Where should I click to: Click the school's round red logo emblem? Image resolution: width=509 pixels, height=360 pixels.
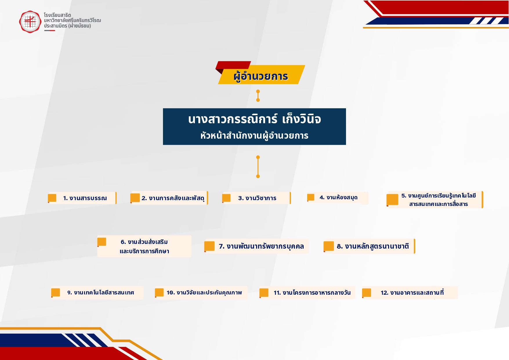click(30, 22)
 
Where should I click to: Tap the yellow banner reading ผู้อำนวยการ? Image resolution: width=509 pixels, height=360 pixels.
click(261, 75)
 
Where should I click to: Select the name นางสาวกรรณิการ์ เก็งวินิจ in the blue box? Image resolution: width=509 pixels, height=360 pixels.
click(254, 119)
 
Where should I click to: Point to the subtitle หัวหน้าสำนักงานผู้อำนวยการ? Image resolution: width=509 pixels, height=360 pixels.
click(254, 135)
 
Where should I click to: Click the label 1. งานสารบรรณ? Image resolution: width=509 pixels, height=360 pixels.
click(85, 198)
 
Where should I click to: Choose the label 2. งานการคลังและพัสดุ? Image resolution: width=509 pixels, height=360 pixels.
click(173, 198)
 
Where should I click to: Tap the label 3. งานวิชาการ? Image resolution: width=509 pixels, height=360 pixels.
click(257, 198)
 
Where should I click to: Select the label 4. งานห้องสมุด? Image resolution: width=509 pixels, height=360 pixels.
click(338, 198)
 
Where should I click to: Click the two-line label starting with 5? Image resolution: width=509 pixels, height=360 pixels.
click(439, 200)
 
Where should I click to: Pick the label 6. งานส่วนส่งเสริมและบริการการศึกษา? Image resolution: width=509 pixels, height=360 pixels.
click(144, 246)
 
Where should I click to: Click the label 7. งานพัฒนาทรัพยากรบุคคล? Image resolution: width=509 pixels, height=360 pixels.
click(261, 247)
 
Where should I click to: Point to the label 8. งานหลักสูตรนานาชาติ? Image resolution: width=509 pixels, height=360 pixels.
click(373, 246)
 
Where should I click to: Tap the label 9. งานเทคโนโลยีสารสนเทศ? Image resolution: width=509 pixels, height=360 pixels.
click(101, 292)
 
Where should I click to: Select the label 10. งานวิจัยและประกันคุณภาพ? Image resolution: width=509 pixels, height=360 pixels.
click(204, 292)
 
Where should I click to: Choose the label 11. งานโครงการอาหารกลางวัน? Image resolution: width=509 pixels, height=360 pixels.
click(312, 293)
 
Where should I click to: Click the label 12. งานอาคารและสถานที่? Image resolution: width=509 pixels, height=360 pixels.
click(412, 292)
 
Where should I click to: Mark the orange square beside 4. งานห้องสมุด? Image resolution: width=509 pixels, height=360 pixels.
click(311, 197)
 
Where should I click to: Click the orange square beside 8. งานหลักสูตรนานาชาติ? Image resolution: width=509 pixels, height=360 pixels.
click(329, 246)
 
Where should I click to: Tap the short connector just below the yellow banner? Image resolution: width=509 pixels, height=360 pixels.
click(258, 96)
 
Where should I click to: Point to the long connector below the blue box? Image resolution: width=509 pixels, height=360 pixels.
click(258, 167)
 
